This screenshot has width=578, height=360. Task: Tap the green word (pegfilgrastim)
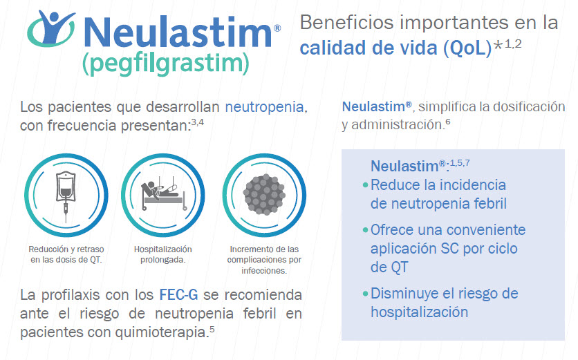[165, 64]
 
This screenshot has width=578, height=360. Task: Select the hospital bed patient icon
[163, 195]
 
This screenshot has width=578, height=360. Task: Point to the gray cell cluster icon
[264, 195]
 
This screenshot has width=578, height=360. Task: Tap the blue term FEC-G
[178, 295]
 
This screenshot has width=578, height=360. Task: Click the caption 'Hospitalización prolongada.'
[163, 254]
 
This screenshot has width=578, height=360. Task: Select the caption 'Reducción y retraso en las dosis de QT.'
[66, 254]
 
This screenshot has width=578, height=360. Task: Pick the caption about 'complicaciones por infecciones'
[264, 260]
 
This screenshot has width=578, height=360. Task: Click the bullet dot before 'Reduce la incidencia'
[365, 185]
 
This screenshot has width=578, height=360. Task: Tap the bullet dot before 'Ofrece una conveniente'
[365, 230]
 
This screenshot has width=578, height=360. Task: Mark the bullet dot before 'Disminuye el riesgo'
[365, 294]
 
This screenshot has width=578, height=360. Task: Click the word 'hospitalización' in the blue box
[419, 312]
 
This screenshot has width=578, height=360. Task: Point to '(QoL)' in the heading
[468, 48]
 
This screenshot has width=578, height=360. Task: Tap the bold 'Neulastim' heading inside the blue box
[404, 167]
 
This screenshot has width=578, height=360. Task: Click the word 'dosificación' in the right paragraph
[529, 107]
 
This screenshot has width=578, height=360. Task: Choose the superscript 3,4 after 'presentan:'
[198, 122]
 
